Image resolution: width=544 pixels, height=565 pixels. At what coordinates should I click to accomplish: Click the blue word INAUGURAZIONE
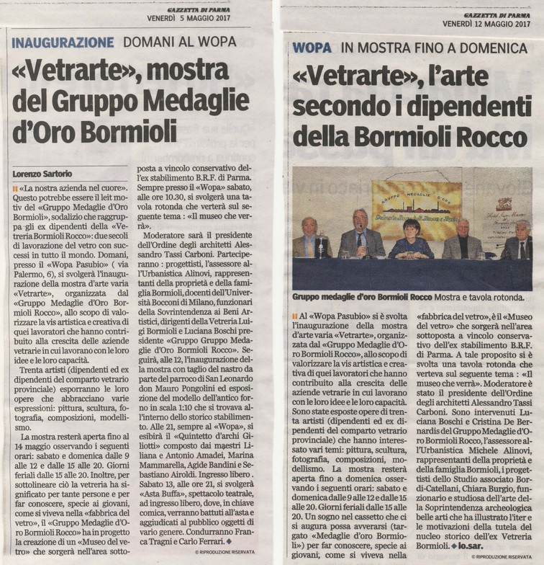pyautogui.click(x=63, y=41)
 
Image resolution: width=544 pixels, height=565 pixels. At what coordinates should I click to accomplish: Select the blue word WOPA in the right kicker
pyautogui.click(x=312, y=48)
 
